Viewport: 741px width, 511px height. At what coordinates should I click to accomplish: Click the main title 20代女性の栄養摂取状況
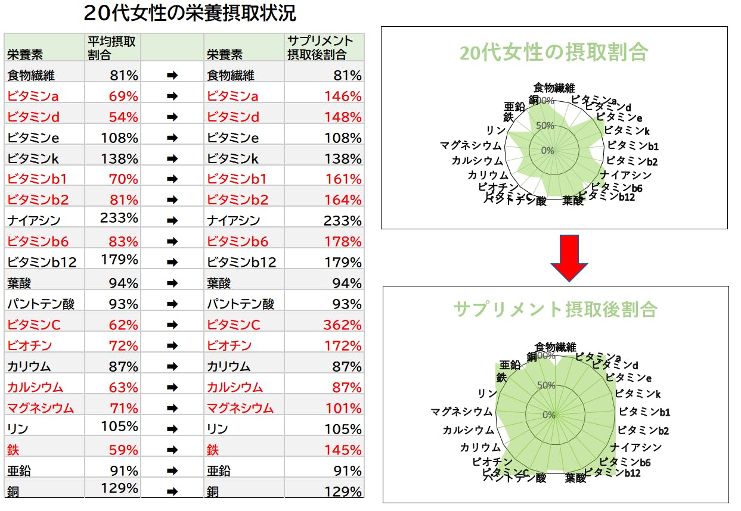(x=190, y=13)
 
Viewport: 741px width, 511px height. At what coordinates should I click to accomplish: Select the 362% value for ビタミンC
(x=343, y=325)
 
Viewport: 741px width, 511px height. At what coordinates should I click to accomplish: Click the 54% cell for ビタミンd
(x=123, y=117)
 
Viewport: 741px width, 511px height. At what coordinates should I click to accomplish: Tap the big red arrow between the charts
(x=570, y=258)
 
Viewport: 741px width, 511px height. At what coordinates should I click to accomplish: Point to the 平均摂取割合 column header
(x=111, y=48)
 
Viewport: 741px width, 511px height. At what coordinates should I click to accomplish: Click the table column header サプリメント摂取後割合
(x=320, y=48)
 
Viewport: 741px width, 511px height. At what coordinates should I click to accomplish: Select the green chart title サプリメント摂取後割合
(x=555, y=309)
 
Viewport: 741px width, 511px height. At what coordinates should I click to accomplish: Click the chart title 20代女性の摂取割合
(x=553, y=53)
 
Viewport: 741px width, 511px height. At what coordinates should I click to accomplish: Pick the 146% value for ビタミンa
(x=343, y=96)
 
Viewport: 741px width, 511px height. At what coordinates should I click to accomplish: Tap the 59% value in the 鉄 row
(x=123, y=450)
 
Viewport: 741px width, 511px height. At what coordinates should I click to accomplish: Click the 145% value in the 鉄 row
(x=343, y=450)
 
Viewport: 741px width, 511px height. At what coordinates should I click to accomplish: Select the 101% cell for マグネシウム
(x=343, y=409)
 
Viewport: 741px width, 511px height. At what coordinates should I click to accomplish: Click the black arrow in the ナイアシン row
(x=172, y=221)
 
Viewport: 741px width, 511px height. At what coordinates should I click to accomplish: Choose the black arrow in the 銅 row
(x=172, y=492)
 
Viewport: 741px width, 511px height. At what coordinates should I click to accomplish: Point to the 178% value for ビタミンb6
(x=343, y=242)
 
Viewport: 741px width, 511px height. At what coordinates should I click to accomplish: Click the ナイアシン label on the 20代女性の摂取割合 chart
(x=626, y=175)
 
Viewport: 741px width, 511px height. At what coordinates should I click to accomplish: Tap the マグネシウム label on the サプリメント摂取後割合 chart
(x=462, y=412)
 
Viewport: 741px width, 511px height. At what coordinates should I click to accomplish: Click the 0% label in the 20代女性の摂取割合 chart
(x=548, y=150)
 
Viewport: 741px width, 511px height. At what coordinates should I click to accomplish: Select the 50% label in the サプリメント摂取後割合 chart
(x=547, y=385)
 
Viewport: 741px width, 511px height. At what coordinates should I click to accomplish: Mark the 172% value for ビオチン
(x=343, y=346)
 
